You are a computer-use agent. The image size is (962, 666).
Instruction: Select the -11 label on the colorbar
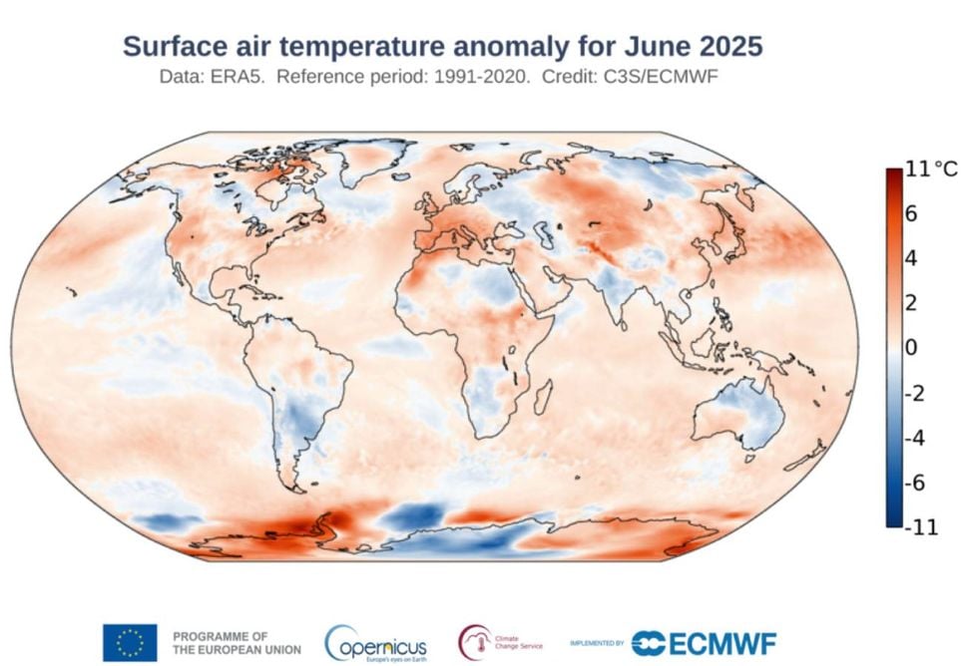pos(921,527)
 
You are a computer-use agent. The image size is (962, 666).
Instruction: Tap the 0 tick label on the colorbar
pos(910,348)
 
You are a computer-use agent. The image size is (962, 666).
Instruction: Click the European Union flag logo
pos(129,642)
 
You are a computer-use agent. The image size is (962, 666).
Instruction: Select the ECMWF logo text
pos(704,643)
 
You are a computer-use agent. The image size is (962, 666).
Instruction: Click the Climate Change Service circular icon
pos(475,641)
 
